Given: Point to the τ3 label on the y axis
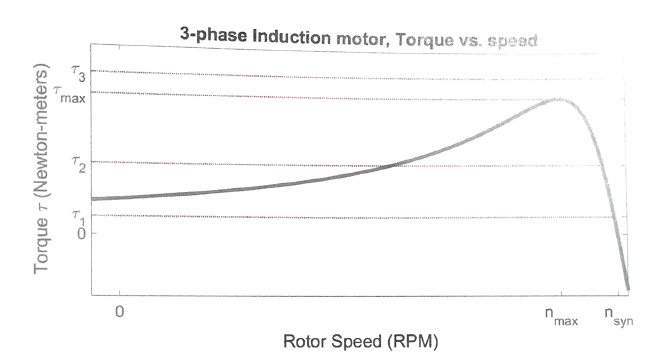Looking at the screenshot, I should (x=79, y=71).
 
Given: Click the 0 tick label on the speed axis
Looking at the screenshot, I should (x=120, y=313).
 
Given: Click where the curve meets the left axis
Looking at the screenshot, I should (x=92, y=198).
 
